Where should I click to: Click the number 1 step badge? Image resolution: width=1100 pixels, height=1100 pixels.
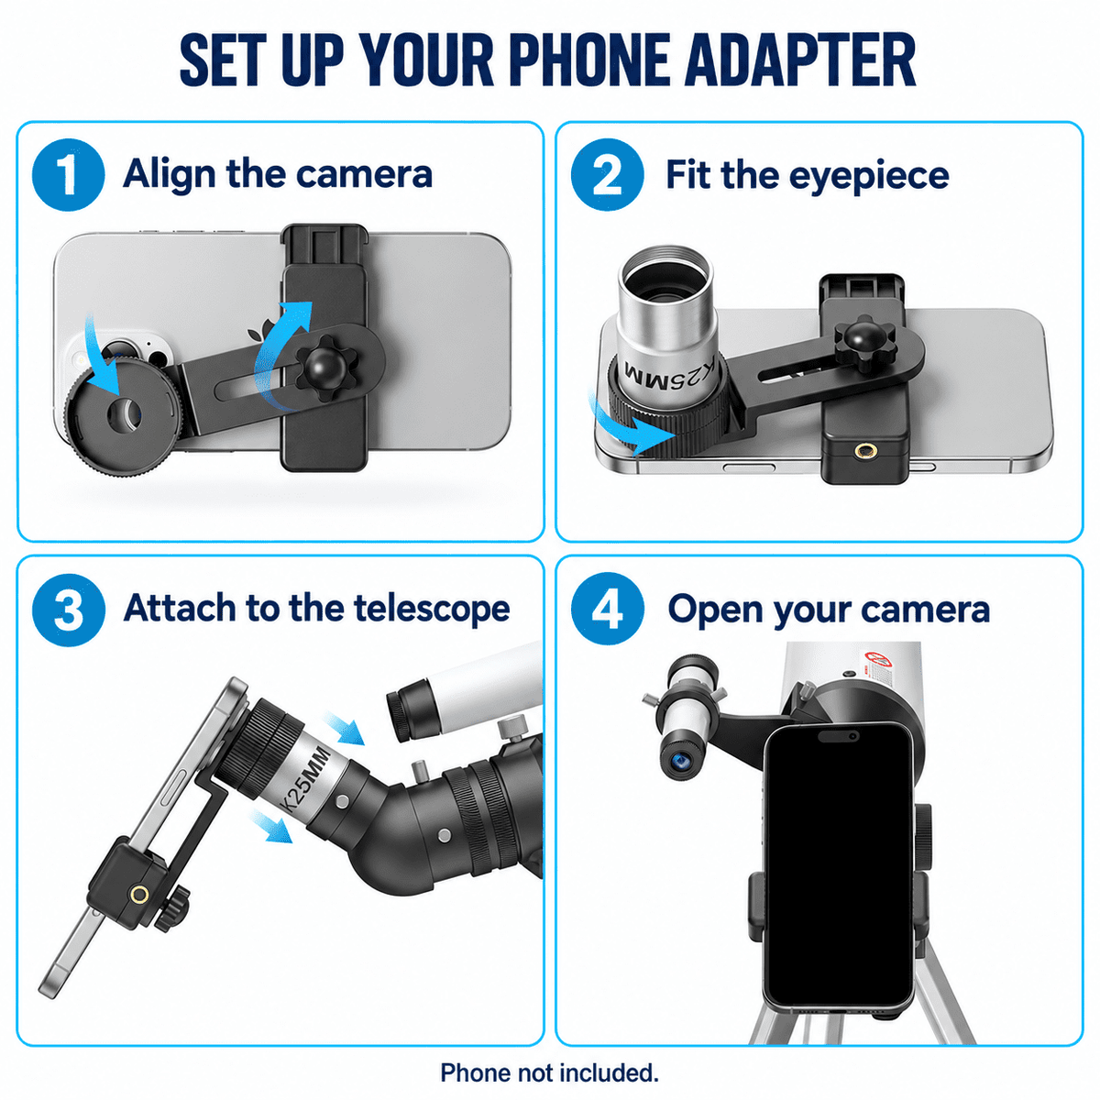[69, 175]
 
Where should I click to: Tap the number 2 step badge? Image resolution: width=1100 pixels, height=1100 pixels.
[608, 175]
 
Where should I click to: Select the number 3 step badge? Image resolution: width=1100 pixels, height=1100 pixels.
[69, 610]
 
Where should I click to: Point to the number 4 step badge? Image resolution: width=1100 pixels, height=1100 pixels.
[608, 609]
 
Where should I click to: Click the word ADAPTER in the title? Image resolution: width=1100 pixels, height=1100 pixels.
[800, 60]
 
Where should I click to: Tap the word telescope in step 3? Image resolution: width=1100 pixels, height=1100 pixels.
[432, 610]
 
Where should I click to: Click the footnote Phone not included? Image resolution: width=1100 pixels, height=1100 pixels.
[549, 1073]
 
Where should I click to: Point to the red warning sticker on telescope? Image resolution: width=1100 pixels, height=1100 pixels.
[878, 660]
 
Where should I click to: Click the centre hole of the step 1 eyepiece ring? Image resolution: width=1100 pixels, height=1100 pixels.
[125, 412]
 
